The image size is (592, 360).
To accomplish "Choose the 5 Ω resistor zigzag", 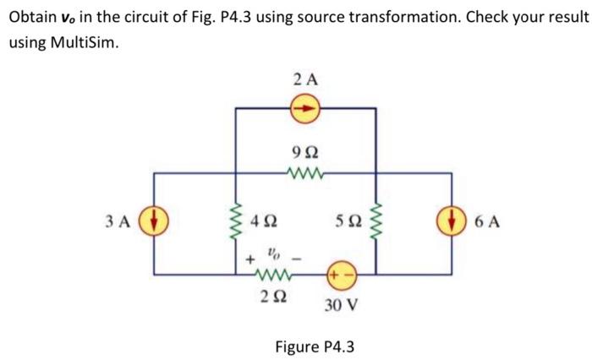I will [x=376, y=224].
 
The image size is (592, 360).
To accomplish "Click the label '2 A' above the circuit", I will [x=305, y=80].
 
